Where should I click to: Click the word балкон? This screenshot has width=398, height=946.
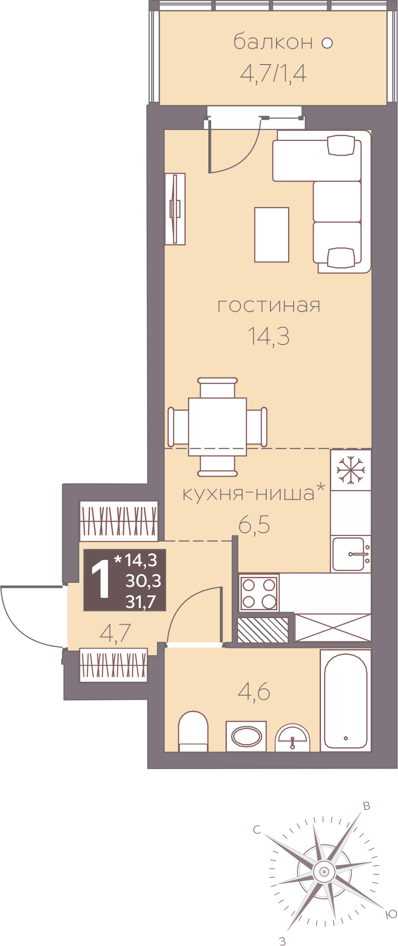[273, 42]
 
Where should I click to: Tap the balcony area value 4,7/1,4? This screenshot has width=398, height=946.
[274, 73]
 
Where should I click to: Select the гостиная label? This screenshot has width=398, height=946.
[269, 306]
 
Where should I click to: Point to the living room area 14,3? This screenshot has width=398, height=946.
[269, 336]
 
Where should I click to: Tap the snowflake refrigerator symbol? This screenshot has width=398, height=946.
[351, 470]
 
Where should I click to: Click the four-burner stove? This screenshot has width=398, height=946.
[259, 593]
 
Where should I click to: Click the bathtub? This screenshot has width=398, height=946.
[346, 700]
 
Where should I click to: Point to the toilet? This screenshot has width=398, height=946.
[193, 731]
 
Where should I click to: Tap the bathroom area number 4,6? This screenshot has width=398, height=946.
[254, 692]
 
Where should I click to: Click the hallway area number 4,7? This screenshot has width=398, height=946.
[116, 633]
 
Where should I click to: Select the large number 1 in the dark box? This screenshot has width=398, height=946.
[101, 579]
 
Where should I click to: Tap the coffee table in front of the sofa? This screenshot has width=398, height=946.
[272, 235]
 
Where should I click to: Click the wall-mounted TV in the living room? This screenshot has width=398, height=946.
[175, 209]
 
